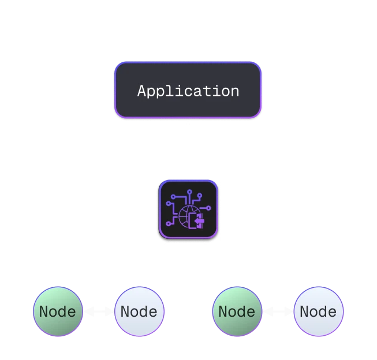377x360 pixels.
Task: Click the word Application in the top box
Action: click(x=188, y=91)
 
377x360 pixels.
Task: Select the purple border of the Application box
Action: click(x=115, y=90)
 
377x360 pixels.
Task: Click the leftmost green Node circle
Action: click(x=58, y=312)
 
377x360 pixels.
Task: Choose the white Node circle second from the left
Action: click(x=139, y=312)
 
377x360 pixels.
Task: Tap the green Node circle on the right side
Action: click(x=237, y=312)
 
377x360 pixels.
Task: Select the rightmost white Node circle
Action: click(x=318, y=312)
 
